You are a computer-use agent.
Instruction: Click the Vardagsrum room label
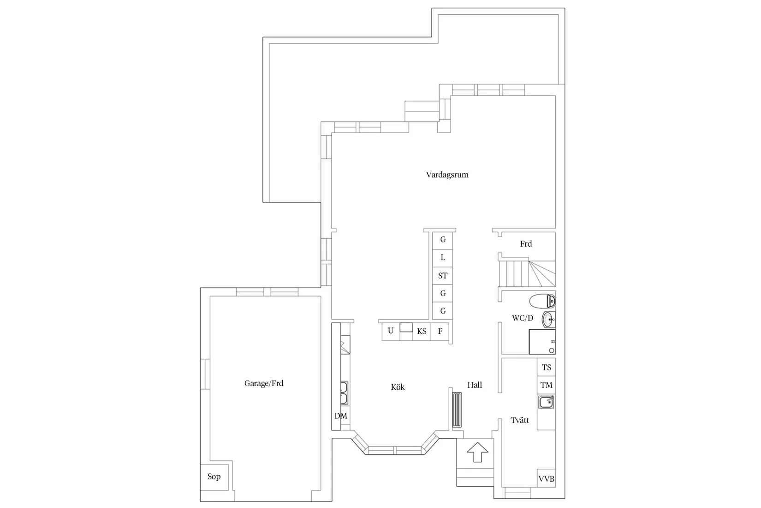447,175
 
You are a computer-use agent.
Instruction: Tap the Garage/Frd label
264,383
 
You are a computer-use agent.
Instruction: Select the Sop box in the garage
214,477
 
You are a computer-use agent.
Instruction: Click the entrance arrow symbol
477,453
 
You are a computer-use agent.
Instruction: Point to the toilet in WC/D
542,302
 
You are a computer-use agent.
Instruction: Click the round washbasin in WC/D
548,319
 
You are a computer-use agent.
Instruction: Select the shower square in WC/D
542,342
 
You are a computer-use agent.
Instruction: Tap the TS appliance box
547,368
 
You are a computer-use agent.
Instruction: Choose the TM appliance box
547,385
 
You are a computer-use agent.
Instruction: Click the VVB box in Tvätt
547,479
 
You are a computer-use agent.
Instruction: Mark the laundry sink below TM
546,402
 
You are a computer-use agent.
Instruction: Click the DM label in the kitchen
341,416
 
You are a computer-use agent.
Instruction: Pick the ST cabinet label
443,276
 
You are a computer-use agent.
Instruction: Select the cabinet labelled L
443,258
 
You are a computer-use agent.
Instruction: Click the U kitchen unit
391,331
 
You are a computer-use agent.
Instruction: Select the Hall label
475,385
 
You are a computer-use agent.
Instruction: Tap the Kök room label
398,387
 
